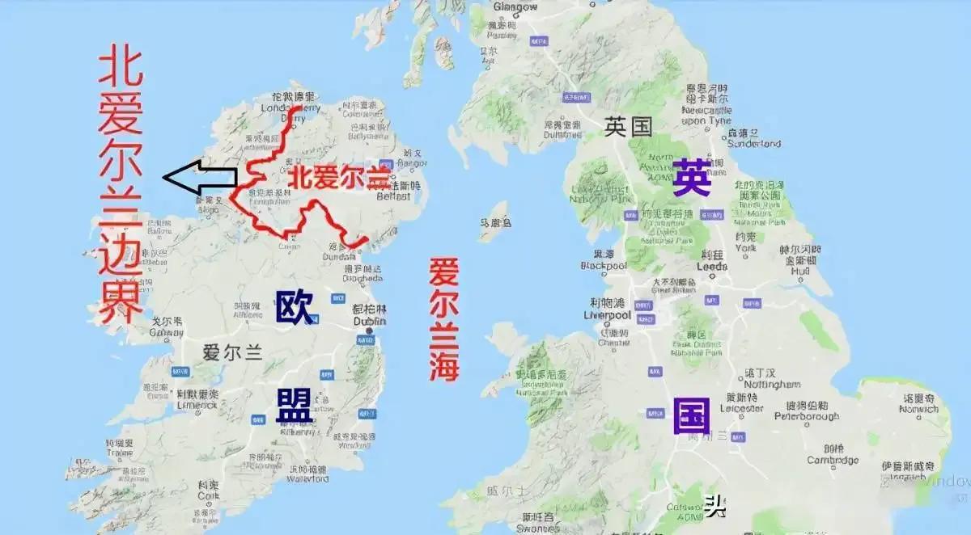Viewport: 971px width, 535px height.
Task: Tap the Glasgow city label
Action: (x=515, y=6)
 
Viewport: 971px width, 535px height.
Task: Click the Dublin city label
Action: (x=370, y=320)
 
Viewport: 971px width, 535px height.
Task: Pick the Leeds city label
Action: (x=713, y=266)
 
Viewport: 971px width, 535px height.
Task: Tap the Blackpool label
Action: (x=604, y=265)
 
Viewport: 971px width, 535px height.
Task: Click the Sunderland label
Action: (x=754, y=143)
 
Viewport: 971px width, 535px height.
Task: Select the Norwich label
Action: (x=919, y=409)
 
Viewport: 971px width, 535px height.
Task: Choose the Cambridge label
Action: (x=833, y=460)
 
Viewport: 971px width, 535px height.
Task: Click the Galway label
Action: (x=167, y=332)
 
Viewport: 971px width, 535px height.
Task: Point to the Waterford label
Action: (x=308, y=478)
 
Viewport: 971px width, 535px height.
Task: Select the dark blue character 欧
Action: (x=295, y=308)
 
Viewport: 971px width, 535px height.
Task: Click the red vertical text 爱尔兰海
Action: (x=444, y=319)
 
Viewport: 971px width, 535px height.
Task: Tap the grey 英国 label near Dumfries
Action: (x=629, y=126)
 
